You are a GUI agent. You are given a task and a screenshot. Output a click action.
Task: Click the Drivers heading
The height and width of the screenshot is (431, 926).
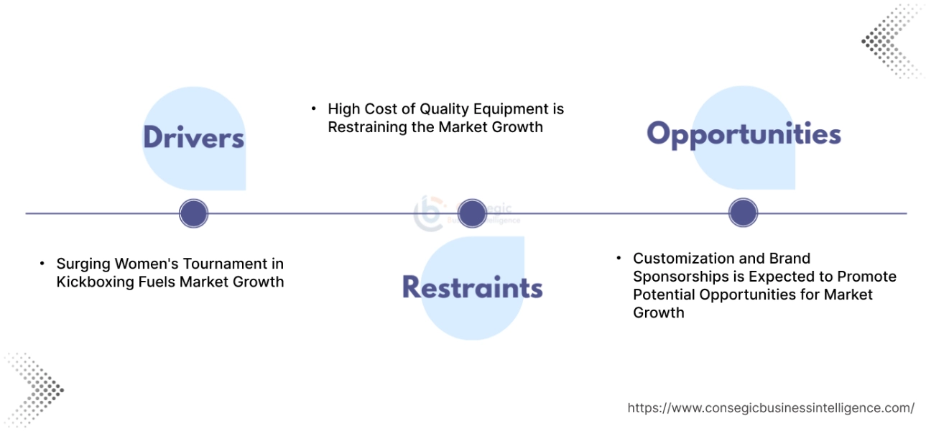click(x=193, y=138)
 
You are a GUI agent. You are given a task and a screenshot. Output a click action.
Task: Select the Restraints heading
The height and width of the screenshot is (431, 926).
click(x=472, y=287)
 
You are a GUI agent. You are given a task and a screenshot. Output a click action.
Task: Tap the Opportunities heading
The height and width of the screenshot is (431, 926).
click(x=744, y=134)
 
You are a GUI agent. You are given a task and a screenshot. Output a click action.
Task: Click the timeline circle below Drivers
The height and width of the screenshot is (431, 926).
click(x=193, y=213)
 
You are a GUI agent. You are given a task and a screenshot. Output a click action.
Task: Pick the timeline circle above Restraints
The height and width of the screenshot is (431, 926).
click(x=472, y=213)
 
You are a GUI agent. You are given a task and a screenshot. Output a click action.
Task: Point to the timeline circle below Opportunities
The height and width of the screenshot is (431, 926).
click(x=743, y=213)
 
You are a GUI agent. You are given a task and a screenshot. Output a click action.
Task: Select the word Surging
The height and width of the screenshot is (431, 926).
click(x=82, y=264)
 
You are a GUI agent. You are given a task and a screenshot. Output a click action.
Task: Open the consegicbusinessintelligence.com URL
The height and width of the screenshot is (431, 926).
click(x=771, y=408)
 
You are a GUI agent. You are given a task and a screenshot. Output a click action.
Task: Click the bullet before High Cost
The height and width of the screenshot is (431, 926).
click(x=314, y=108)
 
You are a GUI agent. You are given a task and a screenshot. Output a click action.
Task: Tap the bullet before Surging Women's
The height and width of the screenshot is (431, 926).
click(x=42, y=263)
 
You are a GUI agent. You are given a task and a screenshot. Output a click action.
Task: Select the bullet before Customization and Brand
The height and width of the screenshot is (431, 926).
click(x=619, y=257)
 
